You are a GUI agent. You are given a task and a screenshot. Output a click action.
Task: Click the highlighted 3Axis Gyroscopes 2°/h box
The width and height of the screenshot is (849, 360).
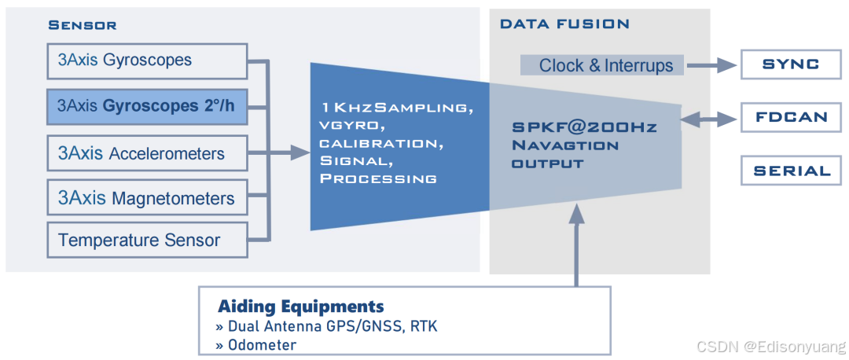tap(147, 106)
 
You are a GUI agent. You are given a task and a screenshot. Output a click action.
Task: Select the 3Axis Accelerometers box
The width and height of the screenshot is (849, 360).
tap(147, 153)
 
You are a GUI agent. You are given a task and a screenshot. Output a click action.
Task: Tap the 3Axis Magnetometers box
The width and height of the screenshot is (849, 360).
tap(147, 198)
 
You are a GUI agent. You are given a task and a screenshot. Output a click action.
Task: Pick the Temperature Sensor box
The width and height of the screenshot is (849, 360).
tap(147, 240)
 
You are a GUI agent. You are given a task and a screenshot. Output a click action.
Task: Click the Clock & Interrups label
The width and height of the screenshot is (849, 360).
tap(605, 65)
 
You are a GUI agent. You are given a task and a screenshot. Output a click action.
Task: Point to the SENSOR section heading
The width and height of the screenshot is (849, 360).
tap(83, 25)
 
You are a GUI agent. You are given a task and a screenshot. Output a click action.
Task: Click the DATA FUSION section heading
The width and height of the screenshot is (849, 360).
tap(564, 24)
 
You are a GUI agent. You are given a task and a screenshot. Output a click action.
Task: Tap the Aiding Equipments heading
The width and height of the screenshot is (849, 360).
tap(301, 306)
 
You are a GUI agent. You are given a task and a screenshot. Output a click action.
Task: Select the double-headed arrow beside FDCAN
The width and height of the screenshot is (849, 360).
tap(711, 118)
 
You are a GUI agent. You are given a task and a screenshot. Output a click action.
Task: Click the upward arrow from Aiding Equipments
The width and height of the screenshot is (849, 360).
tap(577, 244)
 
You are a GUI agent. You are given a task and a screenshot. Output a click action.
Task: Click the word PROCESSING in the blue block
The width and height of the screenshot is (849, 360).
tap(378, 178)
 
